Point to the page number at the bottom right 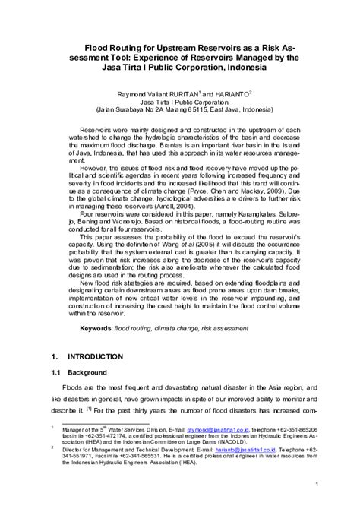click(315, 483)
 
